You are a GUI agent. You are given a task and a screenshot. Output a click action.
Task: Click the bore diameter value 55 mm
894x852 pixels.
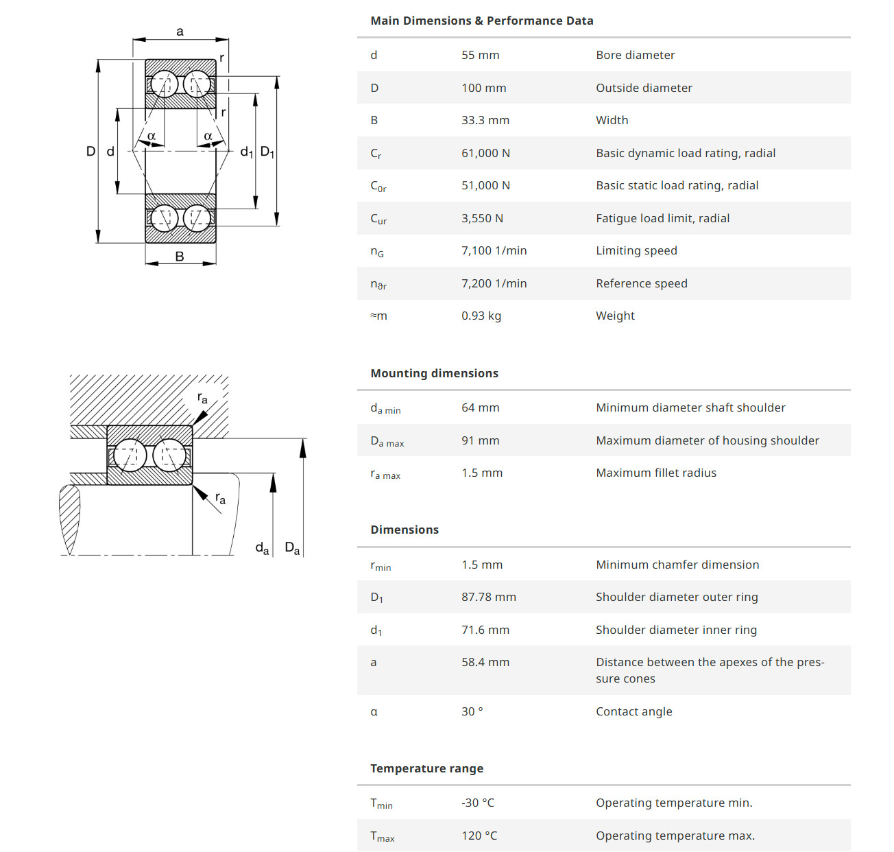(x=480, y=55)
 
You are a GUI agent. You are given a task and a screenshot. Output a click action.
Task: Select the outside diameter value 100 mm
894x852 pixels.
(x=483, y=88)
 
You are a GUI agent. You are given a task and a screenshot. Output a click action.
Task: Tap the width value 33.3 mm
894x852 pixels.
(x=485, y=120)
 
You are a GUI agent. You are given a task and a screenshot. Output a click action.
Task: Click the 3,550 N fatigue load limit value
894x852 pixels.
(x=482, y=218)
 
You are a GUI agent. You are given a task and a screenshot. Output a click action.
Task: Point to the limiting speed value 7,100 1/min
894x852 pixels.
(x=494, y=250)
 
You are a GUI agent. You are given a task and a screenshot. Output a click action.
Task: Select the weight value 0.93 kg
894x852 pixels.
(x=481, y=316)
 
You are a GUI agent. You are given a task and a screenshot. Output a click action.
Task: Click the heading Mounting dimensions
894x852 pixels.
(x=434, y=373)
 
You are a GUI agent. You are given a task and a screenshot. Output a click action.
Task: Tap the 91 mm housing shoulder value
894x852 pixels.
(x=480, y=440)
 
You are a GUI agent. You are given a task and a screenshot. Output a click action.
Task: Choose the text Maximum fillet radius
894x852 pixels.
(x=655, y=473)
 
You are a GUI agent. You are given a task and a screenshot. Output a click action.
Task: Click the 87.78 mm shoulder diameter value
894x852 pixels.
(x=488, y=597)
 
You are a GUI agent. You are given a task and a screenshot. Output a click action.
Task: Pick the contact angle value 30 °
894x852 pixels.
(x=472, y=711)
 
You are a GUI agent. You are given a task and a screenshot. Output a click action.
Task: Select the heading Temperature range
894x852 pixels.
(x=426, y=768)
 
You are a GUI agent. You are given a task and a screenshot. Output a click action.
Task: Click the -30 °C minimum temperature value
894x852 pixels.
(x=477, y=803)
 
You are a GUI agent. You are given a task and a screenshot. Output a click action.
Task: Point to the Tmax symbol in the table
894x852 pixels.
(x=382, y=836)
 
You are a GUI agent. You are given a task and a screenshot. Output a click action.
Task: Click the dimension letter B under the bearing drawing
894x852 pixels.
(x=180, y=257)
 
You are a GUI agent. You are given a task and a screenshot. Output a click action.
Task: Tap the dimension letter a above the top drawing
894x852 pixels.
(x=180, y=32)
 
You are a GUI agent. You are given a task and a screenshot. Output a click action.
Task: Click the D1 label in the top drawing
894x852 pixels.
(x=267, y=152)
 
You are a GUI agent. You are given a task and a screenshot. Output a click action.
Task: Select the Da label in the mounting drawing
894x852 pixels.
(x=292, y=548)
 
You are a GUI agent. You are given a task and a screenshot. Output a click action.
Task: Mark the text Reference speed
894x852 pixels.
(x=641, y=283)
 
